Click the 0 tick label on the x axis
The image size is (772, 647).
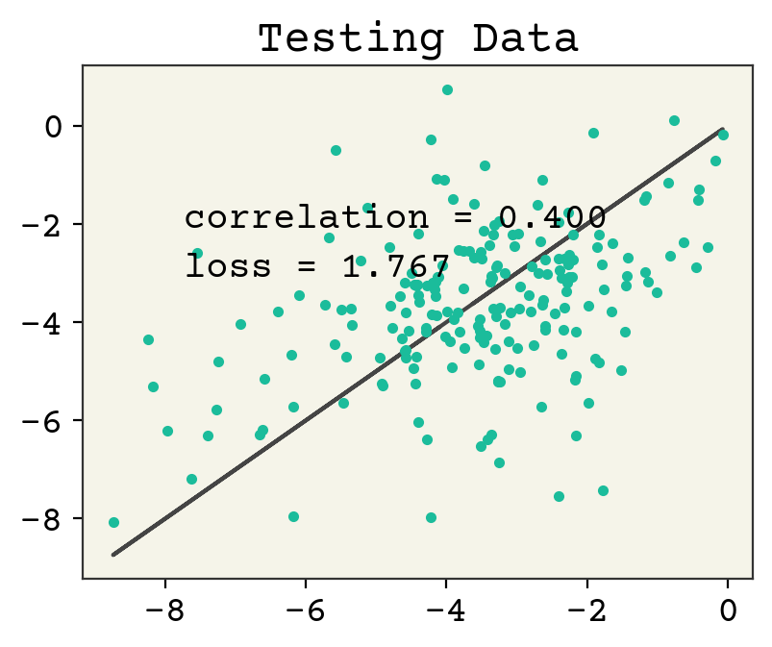pyautogui.click(x=728, y=613)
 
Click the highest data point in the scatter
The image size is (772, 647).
pyautogui.click(x=447, y=89)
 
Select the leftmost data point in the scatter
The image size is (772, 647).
pyautogui.click(x=113, y=522)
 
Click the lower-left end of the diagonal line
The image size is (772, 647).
pyautogui.click(x=113, y=555)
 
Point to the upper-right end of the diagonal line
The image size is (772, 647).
pyautogui.click(x=722, y=129)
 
